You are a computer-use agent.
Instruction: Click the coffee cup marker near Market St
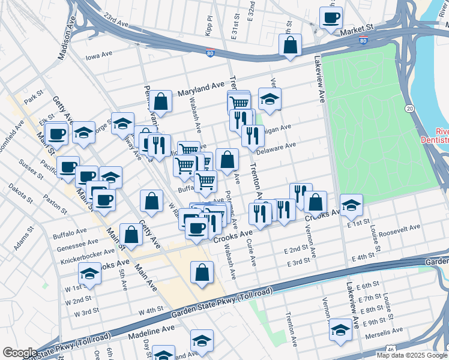pos(330,18)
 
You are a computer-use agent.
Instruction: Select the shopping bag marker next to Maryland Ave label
pos(160,101)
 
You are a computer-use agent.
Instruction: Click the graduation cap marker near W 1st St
pos(89,274)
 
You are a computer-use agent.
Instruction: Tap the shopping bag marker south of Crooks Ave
pos(202,272)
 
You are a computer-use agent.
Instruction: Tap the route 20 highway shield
pos(409,108)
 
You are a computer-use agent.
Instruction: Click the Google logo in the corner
pos(20,353)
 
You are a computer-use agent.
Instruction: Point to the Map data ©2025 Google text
pos(412,355)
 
